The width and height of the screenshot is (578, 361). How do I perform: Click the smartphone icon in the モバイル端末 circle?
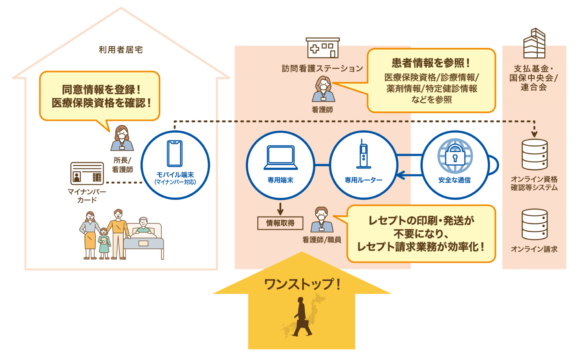point(175,153)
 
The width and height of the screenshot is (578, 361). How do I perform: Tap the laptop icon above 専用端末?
point(281,158)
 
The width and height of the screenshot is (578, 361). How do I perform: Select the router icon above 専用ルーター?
point(363,154)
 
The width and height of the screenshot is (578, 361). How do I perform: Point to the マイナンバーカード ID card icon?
point(87,174)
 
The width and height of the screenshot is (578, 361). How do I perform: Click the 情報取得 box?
point(280,223)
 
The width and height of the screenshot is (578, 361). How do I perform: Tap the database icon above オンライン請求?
point(534,224)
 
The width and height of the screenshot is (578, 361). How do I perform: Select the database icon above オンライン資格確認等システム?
point(534,155)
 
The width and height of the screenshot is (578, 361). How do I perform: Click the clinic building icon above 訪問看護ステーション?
point(322,48)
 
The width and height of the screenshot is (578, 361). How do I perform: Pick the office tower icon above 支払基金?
point(534,44)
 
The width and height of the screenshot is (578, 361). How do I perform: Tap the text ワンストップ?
point(302,284)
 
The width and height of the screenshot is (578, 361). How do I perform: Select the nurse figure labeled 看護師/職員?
point(322,220)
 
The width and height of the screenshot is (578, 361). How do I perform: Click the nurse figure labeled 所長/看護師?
point(122,138)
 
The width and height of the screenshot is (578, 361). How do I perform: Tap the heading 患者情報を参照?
point(431,63)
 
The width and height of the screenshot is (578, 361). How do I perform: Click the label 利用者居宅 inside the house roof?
point(121,50)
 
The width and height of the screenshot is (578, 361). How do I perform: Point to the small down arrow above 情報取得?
point(280,209)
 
